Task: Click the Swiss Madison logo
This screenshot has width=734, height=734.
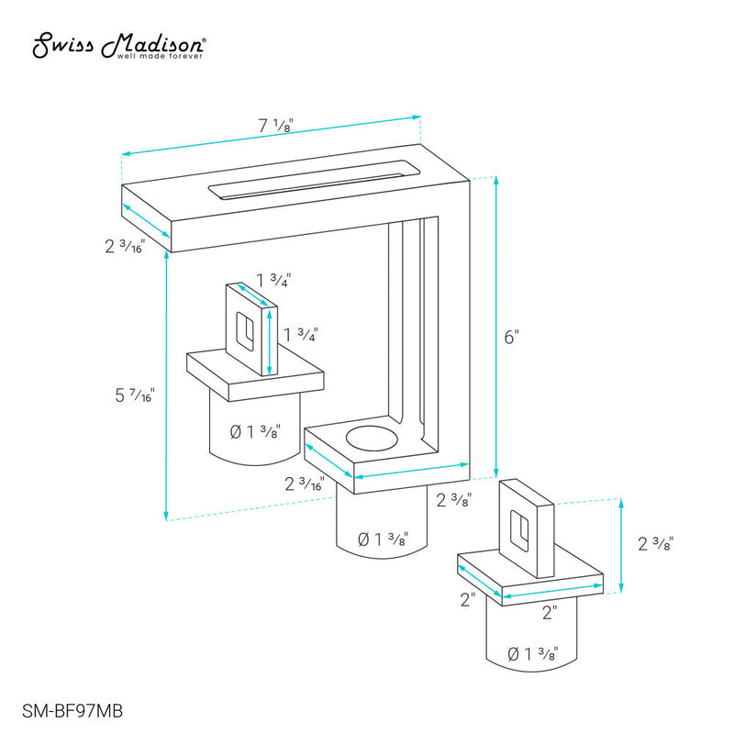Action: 119,45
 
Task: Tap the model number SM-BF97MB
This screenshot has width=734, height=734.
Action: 72,711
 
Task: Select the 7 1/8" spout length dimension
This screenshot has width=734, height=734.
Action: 276,126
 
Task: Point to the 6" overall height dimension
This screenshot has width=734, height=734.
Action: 512,337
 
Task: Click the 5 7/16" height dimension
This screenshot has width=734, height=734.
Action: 135,395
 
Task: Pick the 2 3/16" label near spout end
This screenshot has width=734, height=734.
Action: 125,246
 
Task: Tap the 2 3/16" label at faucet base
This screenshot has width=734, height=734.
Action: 305,484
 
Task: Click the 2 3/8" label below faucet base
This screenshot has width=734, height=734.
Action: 453,500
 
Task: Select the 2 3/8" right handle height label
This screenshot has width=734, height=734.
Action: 655,544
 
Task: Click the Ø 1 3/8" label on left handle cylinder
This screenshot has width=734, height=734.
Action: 255,431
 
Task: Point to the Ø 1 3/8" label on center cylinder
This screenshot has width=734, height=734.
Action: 383,539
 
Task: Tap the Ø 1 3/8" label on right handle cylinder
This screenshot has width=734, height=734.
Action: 533,653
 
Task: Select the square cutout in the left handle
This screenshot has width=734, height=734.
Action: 245,331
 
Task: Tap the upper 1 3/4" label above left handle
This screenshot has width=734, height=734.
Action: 273,281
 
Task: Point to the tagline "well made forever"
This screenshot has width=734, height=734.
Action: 160,56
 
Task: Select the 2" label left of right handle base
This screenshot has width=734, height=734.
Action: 468,600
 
